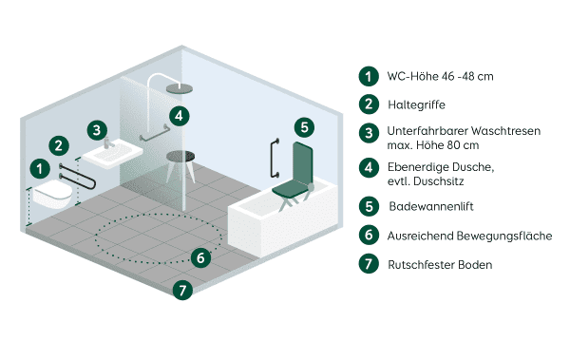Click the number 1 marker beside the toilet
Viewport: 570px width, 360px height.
[x=39, y=168]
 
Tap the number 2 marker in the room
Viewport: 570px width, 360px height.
[x=59, y=145]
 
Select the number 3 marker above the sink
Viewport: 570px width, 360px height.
[x=96, y=129]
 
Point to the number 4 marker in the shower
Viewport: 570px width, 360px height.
[x=178, y=116]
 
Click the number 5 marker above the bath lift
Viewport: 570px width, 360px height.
[x=301, y=126]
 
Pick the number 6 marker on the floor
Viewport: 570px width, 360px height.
[x=199, y=256]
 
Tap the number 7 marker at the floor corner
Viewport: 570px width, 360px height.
[x=183, y=290]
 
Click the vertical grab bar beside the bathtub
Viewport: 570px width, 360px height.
[x=275, y=160]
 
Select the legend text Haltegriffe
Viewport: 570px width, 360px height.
[x=416, y=104]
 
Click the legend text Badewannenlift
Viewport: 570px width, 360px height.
[x=432, y=205]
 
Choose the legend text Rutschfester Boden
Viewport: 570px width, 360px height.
[x=440, y=264]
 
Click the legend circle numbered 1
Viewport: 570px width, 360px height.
[x=367, y=75]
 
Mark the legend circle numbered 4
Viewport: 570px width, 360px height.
[x=367, y=169]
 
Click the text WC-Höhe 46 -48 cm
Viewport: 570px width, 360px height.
[x=440, y=75]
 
